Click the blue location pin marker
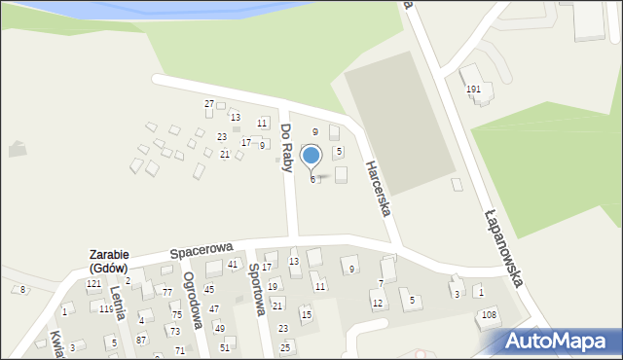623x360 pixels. tap(311, 156)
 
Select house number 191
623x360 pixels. tap(474, 90)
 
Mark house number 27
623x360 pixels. tap(209, 103)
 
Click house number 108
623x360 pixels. tap(489, 314)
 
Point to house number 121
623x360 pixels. tap(93, 284)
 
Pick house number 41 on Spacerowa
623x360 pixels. tap(233, 265)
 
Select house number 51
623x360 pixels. tap(225, 347)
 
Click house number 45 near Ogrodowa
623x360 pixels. tap(209, 289)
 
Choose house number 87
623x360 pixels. tap(141, 340)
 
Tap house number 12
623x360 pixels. tap(378, 304)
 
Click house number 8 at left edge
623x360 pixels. tap(22, 289)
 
